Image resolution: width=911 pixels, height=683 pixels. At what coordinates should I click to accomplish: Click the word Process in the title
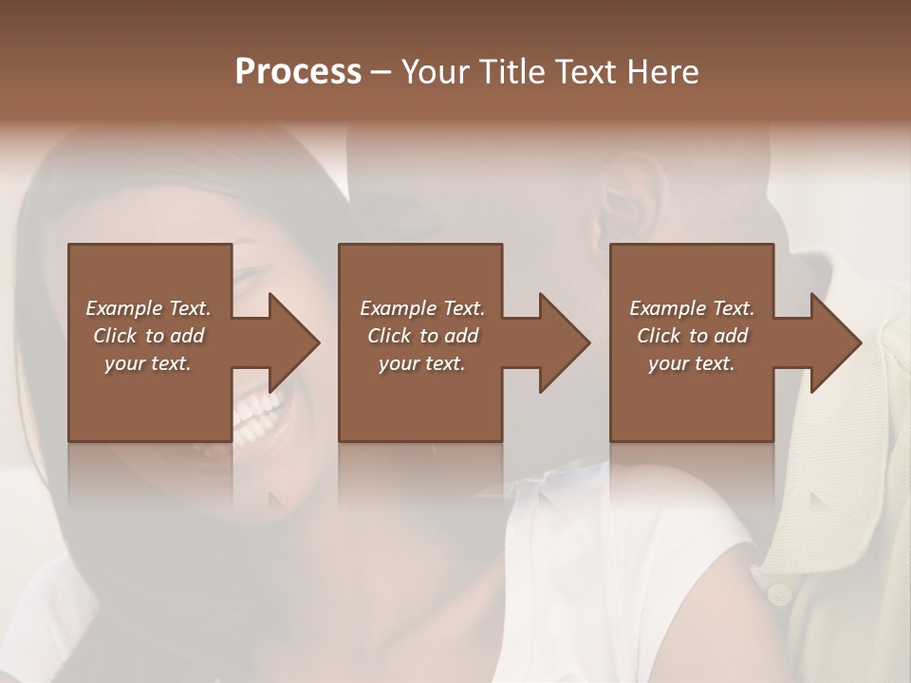coord(298,72)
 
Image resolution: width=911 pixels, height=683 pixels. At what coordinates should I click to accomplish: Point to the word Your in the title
coord(437,72)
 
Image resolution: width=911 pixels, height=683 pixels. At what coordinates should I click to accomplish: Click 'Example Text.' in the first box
coord(148,308)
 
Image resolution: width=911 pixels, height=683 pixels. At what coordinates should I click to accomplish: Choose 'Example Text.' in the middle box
coord(422,308)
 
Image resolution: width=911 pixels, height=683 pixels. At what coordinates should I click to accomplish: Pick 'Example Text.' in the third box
coord(692,308)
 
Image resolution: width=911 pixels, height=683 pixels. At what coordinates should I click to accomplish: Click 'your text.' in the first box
coord(148,363)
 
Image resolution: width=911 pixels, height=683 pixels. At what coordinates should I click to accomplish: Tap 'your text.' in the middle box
coord(422,363)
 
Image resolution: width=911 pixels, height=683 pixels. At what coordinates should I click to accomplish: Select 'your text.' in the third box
coord(692,363)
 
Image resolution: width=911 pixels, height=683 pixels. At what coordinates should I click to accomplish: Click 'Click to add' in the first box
coord(148,336)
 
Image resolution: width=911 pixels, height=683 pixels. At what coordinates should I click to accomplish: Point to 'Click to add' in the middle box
coord(422,336)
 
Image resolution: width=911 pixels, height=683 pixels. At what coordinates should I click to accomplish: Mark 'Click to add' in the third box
coord(692,336)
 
